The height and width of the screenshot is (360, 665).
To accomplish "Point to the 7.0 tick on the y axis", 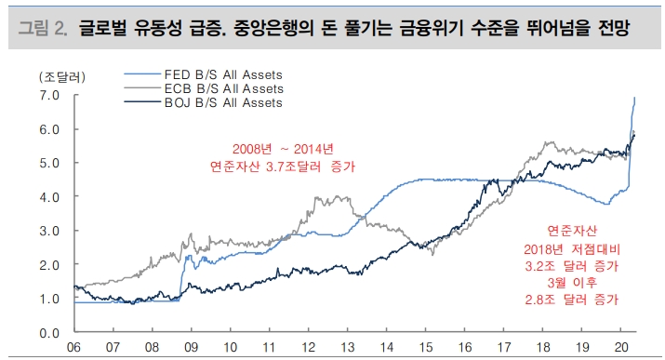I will coord(49,95).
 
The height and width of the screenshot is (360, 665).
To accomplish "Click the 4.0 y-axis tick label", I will coord(49,196).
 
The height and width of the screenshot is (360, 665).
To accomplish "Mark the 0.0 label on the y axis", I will coord(49,332).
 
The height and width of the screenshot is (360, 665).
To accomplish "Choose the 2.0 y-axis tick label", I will coord(49,264).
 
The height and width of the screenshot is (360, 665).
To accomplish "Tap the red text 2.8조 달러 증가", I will coord(579,300).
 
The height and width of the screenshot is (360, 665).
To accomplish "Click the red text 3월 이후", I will coord(579,283).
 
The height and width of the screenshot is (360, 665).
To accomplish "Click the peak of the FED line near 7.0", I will coord(634,97).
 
